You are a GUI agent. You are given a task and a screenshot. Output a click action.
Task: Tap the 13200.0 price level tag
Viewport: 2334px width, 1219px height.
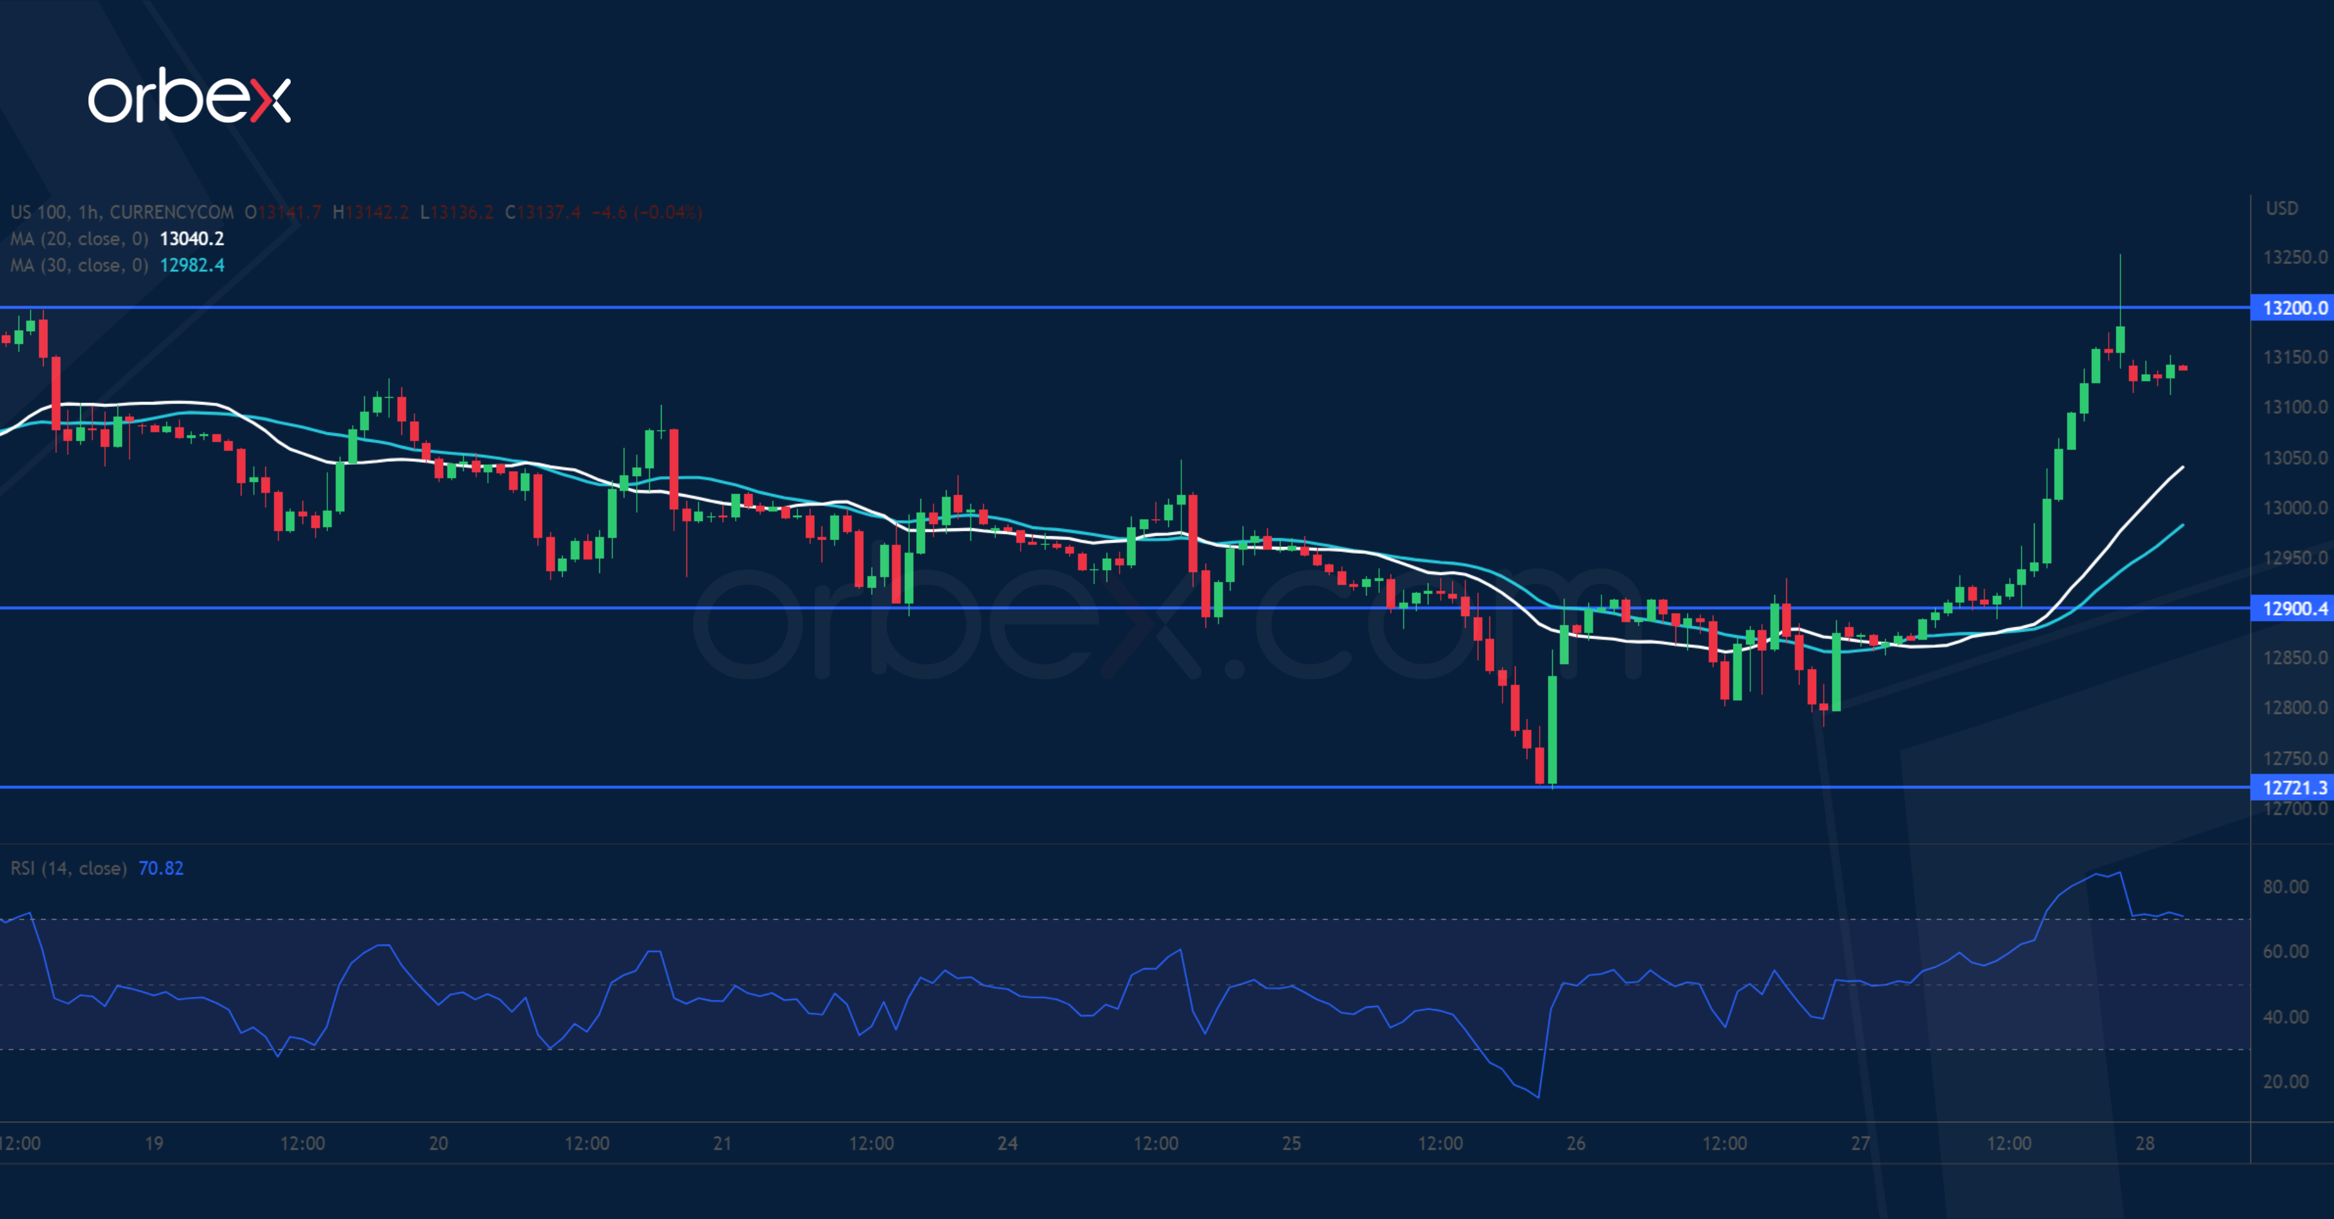click(2293, 308)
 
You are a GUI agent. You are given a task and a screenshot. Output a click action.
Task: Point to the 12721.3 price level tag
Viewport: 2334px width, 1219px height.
click(2293, 787)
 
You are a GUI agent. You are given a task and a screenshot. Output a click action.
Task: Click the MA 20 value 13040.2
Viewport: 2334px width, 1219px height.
click(191, 239)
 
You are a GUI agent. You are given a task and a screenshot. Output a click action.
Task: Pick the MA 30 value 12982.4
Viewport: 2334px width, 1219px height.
click(191, 265)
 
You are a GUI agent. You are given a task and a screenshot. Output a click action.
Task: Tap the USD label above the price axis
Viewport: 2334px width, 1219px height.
click(2282, 208)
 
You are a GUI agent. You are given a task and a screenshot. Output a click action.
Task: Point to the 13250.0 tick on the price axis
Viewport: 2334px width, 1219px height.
click(2294, 257)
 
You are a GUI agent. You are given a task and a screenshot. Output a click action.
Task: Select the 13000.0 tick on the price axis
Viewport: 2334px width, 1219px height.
click(2294, 508)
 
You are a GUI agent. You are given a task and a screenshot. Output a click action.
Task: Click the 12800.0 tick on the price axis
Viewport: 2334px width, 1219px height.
click(2294, 708)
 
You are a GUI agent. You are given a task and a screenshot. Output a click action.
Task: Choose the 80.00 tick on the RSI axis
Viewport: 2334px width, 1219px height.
click(2285, 887)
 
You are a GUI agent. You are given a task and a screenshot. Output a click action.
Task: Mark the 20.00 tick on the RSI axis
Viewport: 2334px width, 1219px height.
click(2285, 1082)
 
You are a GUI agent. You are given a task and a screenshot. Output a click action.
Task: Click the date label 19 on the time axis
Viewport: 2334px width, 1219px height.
click(154, 1143)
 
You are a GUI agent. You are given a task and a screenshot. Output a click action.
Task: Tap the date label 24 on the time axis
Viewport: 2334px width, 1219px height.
click(1008, 1143)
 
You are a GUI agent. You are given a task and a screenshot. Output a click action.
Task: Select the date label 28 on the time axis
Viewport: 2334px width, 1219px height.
click(2145, 1143)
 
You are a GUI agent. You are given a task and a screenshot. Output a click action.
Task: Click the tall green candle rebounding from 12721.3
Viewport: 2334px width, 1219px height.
click(1552, 729)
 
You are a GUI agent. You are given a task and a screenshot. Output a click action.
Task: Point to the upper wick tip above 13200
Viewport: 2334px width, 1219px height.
click(2120, 256)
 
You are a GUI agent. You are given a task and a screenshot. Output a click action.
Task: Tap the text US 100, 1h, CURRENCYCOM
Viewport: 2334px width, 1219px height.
click(121, 213)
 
